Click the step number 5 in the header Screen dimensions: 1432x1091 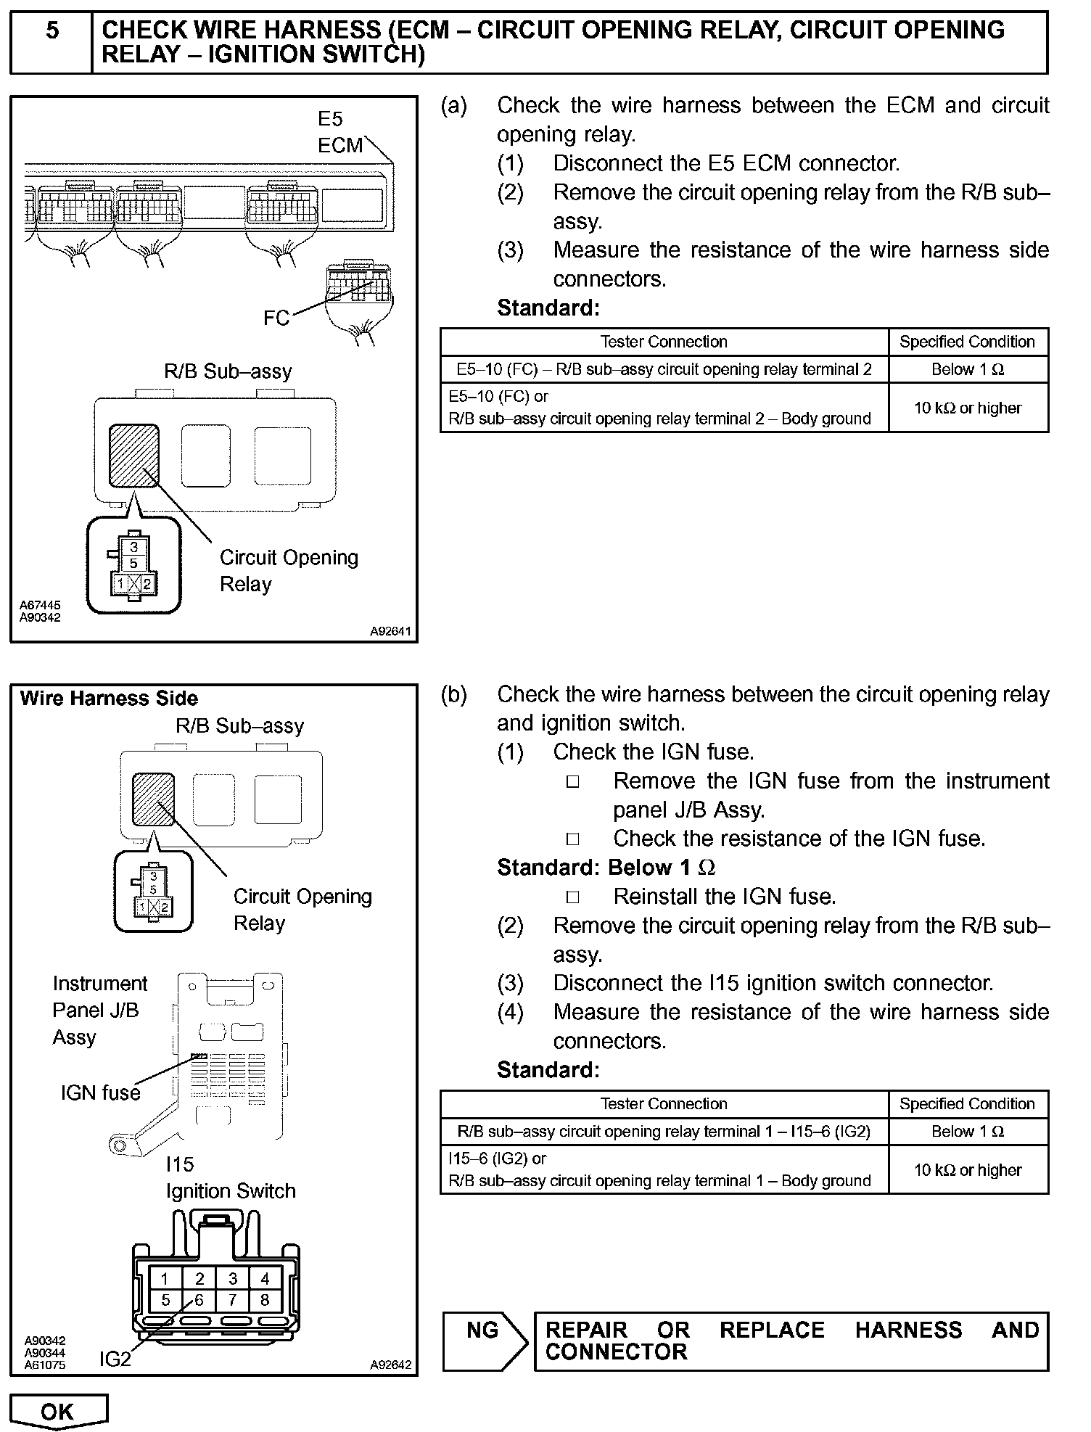coord(52,31)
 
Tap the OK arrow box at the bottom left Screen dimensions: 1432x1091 coord(58,1411)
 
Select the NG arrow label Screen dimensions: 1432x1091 coord(483,1330)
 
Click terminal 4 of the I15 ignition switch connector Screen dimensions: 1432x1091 coord(265,1278)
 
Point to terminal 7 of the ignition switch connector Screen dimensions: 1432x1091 coord(232,1300)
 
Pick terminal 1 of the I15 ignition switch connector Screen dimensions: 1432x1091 coord(165,1278)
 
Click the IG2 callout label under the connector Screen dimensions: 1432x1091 coord(115,1359)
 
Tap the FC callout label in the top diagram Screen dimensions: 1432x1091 coord(276,318)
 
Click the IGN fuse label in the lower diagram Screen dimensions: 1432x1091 coord(100,1092)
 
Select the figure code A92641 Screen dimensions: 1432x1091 coord(390,631)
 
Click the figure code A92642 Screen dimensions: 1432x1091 coord(390,1365)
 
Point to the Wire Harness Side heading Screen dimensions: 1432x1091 coord(109,699)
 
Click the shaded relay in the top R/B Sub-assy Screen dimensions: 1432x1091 coord(133,456)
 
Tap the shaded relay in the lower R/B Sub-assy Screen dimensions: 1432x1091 coord(153,799)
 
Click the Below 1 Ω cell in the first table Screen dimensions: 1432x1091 coord(968,369)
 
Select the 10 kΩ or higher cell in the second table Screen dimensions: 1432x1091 coord(968,1169)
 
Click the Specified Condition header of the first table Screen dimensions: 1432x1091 coord(967,342)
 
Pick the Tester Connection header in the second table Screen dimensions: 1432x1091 coord(664,1103)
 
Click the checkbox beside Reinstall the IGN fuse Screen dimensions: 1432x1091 coord(573,897)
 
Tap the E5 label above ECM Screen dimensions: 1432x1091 coord(330,118)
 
